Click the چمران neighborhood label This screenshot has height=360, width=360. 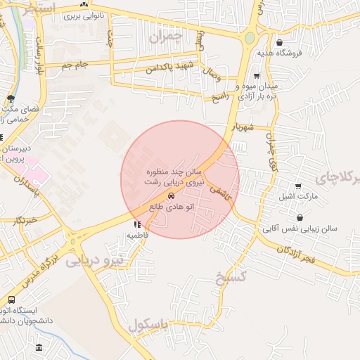point(171,36)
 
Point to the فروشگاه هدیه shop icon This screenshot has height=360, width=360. point(281,42)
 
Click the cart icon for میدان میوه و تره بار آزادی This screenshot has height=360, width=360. point(257,76)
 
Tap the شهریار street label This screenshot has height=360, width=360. point(240,128)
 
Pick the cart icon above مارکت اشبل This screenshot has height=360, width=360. point(299,186)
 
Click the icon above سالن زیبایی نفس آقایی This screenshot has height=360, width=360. point(300,217)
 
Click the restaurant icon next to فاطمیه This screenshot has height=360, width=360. point(136,225)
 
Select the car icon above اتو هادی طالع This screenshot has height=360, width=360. point(172,197)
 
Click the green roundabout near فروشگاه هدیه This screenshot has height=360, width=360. point(250,38)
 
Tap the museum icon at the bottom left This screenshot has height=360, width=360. point(38,348)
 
